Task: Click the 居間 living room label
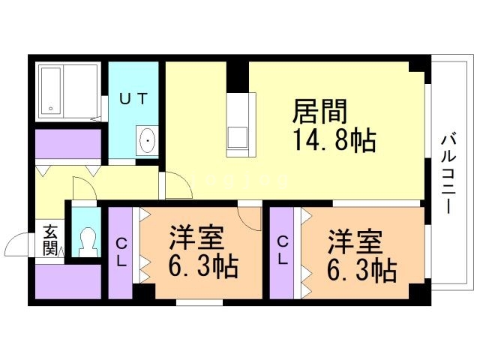pyautogui.click(x=320, y=111)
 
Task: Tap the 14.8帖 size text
pyautogui.click(x=334, y=140)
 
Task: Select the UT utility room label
pyautogui.click(x=133, y=98)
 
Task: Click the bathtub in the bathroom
pyautogui.click(x=51, y=91)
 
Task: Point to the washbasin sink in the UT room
pyautogui.click(x=147, y=140)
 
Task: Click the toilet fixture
pyautogui.click(x=87, y=241)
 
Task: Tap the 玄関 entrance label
pyautogui.click(x=50, y=240)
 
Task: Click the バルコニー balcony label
pyautogui.click(x=448, y=175)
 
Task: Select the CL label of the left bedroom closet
pyautogui.click(x=121, y=253)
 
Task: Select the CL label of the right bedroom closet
pyautogui.click(x=282, y=250)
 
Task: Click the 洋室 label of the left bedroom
pyautogui.click(x=196, y=238)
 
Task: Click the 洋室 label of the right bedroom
pyautogui.click(x=355, y=241)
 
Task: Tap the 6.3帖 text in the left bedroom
pyautogui.click(x=203, y=266)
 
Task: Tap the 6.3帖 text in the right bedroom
pyautogui.click(x=362, y=270)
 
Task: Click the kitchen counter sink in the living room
pyautogui.click(x=238, y=136)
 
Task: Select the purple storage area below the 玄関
pyautogui.click(x=68, y=281)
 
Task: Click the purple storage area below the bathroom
pyautogui.click(x=68, y=143)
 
